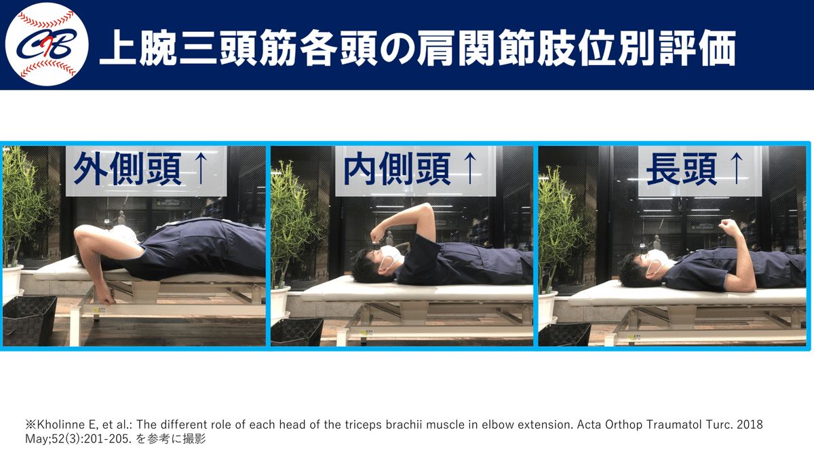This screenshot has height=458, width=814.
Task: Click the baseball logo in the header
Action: pos(46,45)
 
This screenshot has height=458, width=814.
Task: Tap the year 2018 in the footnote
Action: pos(750,424)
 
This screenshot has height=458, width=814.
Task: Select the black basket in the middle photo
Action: pos(297,332)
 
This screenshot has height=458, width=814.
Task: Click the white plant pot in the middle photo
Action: pos(279,303)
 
